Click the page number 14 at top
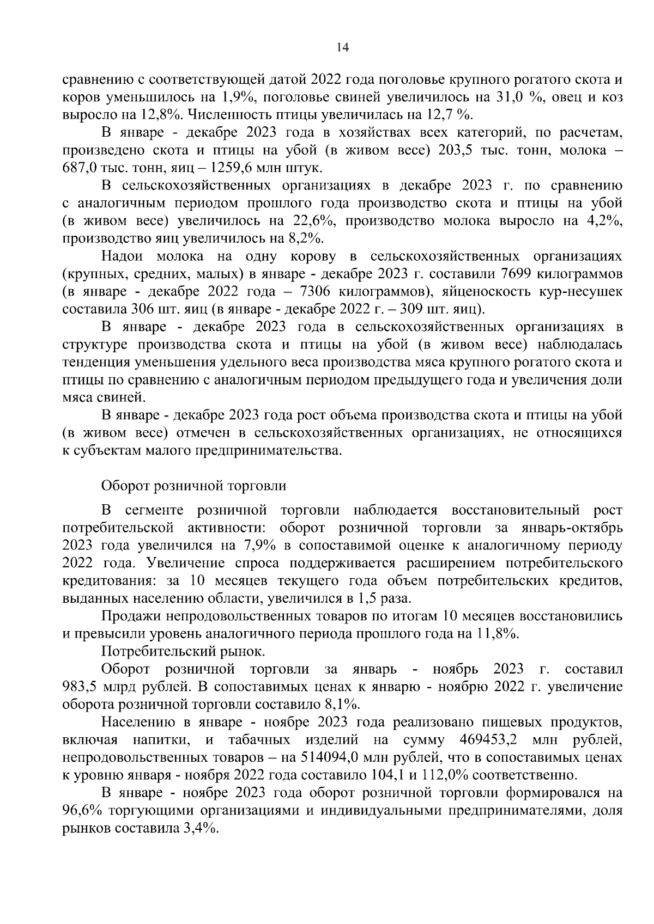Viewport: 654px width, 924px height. (343, 47)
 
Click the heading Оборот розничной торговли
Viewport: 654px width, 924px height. (193, 485)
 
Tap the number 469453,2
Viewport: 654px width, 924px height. (489, 739)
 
